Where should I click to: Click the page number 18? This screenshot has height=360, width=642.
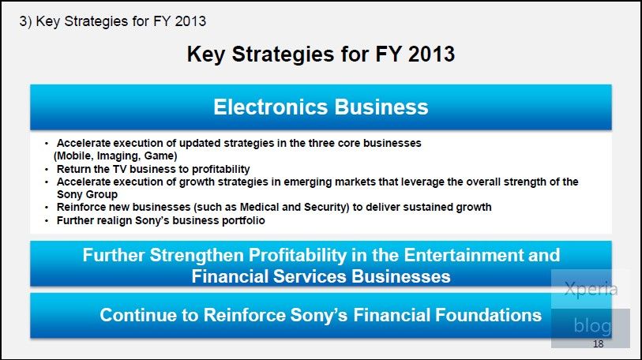point(599,343)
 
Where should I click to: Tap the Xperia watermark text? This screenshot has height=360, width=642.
point(591,289)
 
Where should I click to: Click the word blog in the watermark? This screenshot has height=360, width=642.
point(592,326)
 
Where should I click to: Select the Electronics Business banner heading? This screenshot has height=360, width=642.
point(321,107)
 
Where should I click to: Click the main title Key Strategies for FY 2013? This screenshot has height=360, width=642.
point(321,54)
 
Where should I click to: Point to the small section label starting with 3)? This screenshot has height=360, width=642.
point(113,21)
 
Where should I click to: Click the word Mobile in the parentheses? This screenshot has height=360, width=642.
point(75,156)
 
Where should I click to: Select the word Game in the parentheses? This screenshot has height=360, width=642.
point(159,156)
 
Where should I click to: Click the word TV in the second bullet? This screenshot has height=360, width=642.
point(120,169)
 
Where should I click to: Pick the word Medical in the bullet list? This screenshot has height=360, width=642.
point(259,207)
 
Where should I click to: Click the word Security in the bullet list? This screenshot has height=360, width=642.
point(325,208)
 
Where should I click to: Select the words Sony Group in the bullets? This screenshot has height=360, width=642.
point(87,194)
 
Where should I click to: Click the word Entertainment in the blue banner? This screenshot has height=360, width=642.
point(464,255)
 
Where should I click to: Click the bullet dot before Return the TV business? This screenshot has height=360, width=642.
point(47,170)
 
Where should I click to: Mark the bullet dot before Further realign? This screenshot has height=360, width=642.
point(47,221)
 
